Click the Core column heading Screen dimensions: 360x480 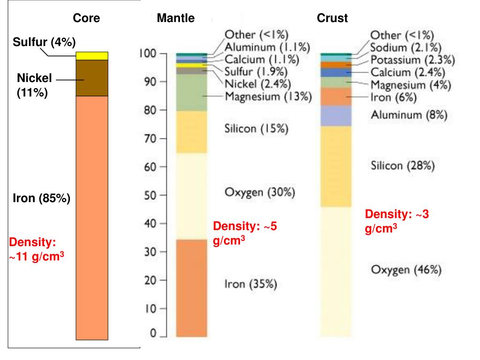pyautogui.click(x=86, y=18)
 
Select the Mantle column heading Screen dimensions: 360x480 pyautogui.click(x=176, y=18)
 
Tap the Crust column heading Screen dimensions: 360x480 pyautogui.click(x=332, y=18)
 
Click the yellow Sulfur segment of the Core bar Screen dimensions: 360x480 pyautogui.click(x=92, y=56)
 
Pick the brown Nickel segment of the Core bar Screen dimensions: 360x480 pyautogui.click(x=92, y=78)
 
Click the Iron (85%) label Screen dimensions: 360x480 pyautogui.click(x=41, y=198)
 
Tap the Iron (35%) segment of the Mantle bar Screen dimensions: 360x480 pyautogui.click(x=191, y=288)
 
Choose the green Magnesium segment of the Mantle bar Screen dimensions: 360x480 pyautogui.click(x=191, y=93)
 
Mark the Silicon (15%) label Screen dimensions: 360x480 pyautogui.click(x=256, y=129)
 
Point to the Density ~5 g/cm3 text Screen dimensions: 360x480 pyautogui.click(x=245, y=233)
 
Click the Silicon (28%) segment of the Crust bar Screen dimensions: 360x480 pyautogui.click(x=336, y=166)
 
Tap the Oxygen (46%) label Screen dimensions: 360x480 pyautogui.click(x=406, y=270)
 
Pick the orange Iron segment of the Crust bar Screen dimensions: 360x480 pyautogui.click(x=336, y=97)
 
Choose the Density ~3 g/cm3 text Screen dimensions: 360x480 pyautogui.click(x=397, y=221)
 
